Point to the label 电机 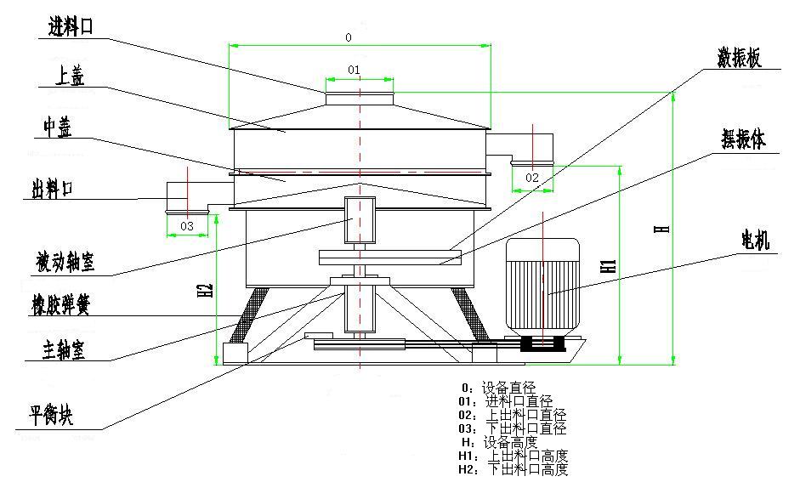point(755,241)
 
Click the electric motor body point(542,289)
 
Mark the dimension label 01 point(355,68)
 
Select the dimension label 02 point(532,178)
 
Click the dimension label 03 point(186,226)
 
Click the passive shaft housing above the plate point(360,219)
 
